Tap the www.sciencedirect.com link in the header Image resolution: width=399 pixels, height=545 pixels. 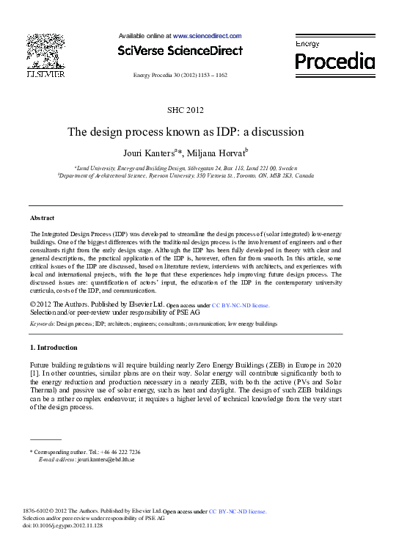[x=207, y=35]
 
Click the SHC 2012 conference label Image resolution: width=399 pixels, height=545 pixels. [x=186, y=111]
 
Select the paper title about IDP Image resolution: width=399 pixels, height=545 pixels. [x=186, y=133]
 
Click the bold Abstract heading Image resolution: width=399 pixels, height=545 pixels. [x=42, y=219]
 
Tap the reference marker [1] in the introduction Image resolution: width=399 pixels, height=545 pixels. [x=34, y=373]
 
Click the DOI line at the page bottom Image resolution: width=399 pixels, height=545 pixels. [x=63, y=526]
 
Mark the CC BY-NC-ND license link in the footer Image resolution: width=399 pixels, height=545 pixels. [x=238, y=511]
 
